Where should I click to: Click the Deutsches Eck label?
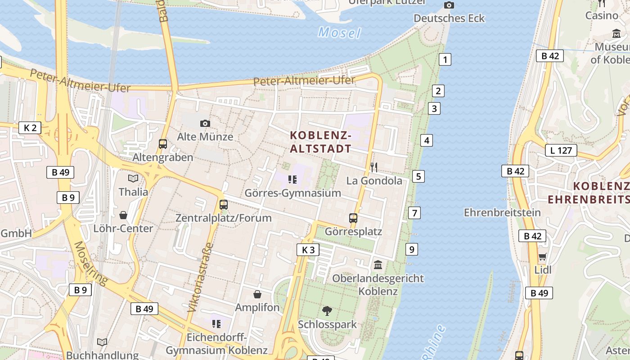click(449, 18)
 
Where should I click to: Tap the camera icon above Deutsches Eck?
click(449, 5)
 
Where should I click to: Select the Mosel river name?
click(339, 33)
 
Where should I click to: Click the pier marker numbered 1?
click(445, 59)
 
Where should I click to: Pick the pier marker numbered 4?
click(427, 140)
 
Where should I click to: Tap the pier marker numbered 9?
click(411, 249)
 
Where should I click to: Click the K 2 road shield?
click(30, 128)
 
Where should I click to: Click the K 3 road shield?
click(308, 250)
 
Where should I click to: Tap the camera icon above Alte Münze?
click(205, 123)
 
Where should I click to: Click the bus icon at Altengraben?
click(163, 144)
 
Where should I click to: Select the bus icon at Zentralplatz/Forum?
click(223, 205)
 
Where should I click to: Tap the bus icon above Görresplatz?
click(353, 218)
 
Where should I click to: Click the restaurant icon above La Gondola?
click(374, 167)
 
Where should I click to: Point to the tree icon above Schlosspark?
click(327, 310)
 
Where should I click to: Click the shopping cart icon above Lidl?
click(543, 257)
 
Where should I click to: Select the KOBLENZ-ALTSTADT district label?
click(320, 141)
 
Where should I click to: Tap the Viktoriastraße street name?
click(200, 278)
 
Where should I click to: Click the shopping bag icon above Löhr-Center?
click(123, 215)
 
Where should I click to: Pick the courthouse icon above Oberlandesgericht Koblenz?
click(378, 265)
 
